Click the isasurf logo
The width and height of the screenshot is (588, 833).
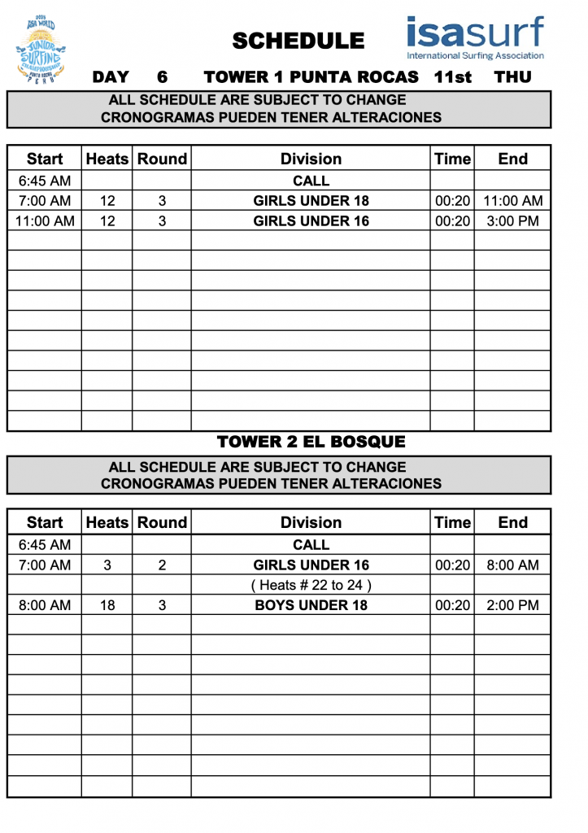pos(476,37)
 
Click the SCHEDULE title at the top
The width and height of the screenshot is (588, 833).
pos(298,41)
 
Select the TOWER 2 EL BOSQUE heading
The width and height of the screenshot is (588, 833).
pos(311,442)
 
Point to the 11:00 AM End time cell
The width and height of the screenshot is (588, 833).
pos(512,201)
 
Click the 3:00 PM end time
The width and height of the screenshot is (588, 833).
pos(512,220)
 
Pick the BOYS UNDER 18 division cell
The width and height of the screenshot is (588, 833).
pos(311,604)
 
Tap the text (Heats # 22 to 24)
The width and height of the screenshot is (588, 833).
pos(311,585)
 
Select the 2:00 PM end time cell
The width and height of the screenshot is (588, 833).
pos(512,604)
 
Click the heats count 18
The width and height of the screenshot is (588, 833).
pos(107,604)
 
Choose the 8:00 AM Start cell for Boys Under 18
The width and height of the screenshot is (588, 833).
pos(45,604)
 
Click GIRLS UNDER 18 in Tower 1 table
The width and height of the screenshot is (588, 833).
pos(311,201)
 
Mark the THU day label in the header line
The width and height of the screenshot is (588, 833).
pos(512,77)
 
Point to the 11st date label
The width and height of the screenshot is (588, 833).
pos(453,77)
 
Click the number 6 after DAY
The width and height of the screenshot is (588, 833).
pos(162,77)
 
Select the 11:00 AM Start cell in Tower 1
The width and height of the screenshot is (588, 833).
pos(45,220)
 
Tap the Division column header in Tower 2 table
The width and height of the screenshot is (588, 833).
pos(311,522)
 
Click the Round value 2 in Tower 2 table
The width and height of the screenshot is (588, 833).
pos(162,565)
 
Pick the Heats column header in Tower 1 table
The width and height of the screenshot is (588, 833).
pos(107,159)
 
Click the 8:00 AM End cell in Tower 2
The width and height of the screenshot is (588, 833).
pos(512,565)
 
